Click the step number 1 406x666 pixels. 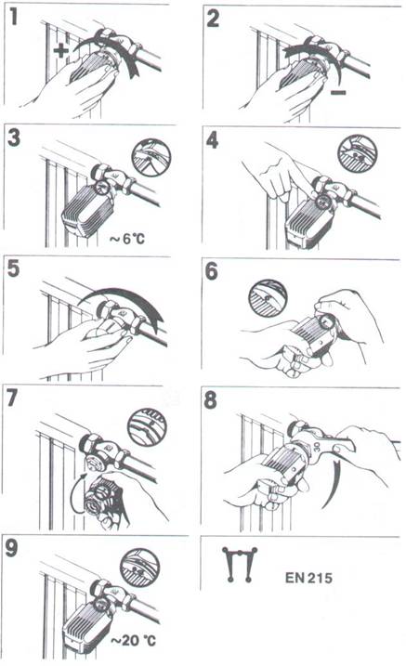pyautogui.click(x=14, y=17)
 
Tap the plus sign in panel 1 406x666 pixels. pyautogui.click(x=61, y=51)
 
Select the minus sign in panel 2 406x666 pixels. pyautogui.click(x=338, y=92)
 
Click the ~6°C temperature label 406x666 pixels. pyautogui.click(x=127, y=239)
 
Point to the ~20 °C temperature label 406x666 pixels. pyautogui.click(x=133, y=640)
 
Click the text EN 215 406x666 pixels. pyautogui.click(x=308, y=578)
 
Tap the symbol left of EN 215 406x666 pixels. pyautogui.click(x=240, y=565)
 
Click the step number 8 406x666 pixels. pyautogui.click(x=211, y=400)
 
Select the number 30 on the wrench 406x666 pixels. pyautogui.click(x=317, y=447)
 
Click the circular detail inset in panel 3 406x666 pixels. pyautogui.click(x=151, y=157)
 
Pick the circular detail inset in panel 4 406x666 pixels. pyautogui.click(x=357, y=153)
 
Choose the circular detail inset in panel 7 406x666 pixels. pyautogui.click(x=147, y=427)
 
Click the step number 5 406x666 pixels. pyautogui.click(x=14, y=268)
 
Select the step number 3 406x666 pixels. pyautogui.click(x=14, y=137)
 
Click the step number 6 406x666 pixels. pyautogui.click(x=212, y=271)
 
